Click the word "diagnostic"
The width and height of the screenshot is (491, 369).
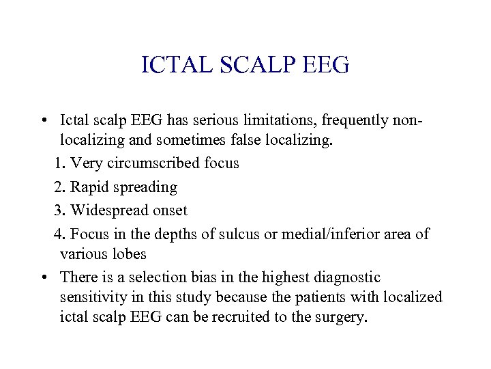click(341, 277)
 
